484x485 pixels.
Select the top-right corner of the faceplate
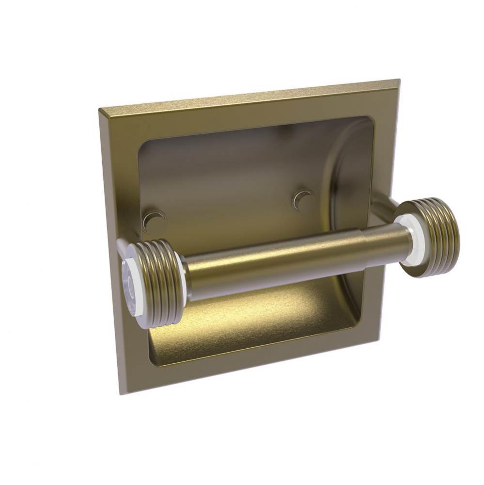tap(399, 80)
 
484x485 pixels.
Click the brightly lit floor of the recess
tap(252, 315)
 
